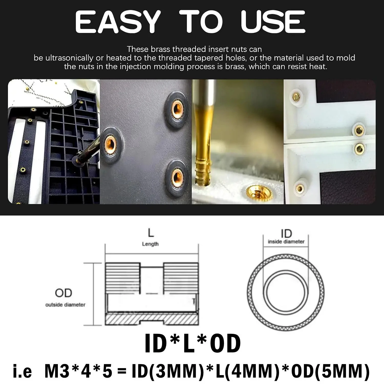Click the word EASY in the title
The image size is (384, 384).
[118, 22]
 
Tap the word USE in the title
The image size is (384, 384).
[273, 22]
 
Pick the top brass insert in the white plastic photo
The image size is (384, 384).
[296, 97]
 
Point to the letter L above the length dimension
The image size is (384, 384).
[151, 233]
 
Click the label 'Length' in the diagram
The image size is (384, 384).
[150, 244]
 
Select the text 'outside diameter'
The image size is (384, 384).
[65, 305]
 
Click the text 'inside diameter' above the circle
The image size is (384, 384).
[286, 242]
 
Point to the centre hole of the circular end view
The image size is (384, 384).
[285, 293]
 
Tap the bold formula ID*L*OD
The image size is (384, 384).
[193, 343]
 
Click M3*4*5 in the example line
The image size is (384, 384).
[78, 371]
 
